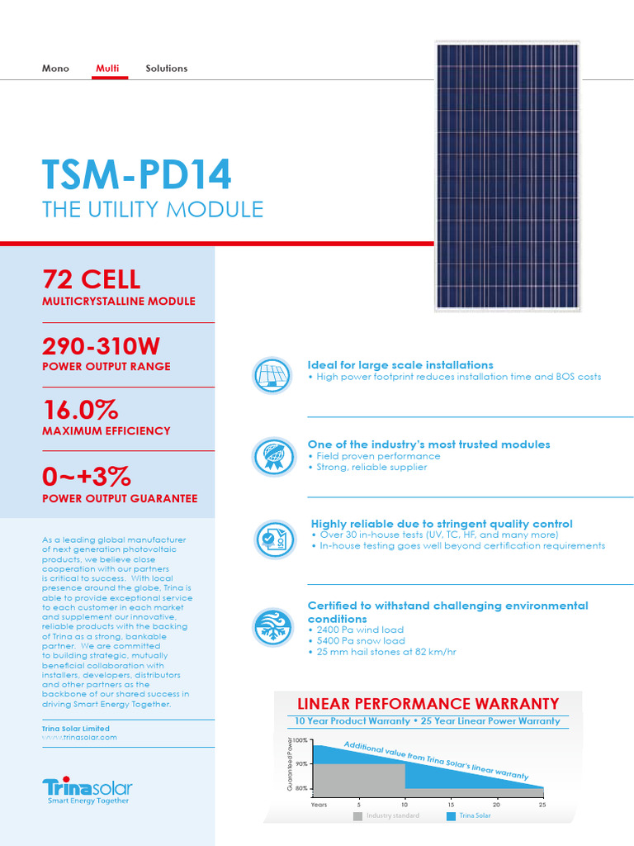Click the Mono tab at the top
point(55,69)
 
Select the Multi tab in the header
point(107,69)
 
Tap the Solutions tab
point(166,69)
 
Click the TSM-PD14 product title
point(137,174)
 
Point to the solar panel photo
point(508,178)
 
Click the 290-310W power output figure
point(106,345)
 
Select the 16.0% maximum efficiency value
point(80,410)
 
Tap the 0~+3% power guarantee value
point(87,478)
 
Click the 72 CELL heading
point(91,279)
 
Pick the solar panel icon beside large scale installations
point(273,375)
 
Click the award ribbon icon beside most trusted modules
point(273,456)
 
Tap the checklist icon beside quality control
point(273,539)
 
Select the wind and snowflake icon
point(273,625)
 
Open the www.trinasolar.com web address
point(79,737)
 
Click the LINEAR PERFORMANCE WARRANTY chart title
point(428,704)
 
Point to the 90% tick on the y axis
point(301,764)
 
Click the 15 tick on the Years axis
point(451,804)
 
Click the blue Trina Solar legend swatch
point(451,816)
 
